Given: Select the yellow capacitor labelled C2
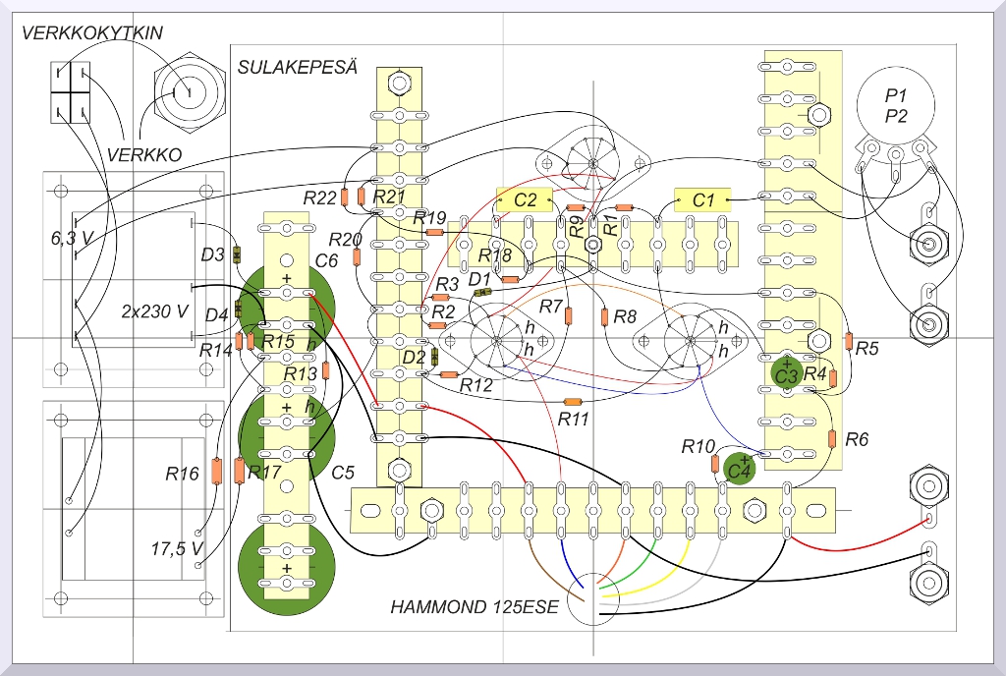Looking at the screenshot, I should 526,199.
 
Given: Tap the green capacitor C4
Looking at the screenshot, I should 739,471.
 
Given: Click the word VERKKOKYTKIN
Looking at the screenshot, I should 92,33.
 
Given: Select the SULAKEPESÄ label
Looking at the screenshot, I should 297,68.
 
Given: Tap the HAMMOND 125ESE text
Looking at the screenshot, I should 475,607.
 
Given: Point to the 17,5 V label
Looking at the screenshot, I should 177,548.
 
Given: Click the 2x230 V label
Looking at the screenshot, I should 154,311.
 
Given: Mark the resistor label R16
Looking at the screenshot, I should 182,475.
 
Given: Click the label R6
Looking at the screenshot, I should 857,438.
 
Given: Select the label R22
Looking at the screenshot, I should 320,197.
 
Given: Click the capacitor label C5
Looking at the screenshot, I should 343,473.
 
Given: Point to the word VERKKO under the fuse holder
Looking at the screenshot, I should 144,154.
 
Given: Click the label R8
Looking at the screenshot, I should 625,317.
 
